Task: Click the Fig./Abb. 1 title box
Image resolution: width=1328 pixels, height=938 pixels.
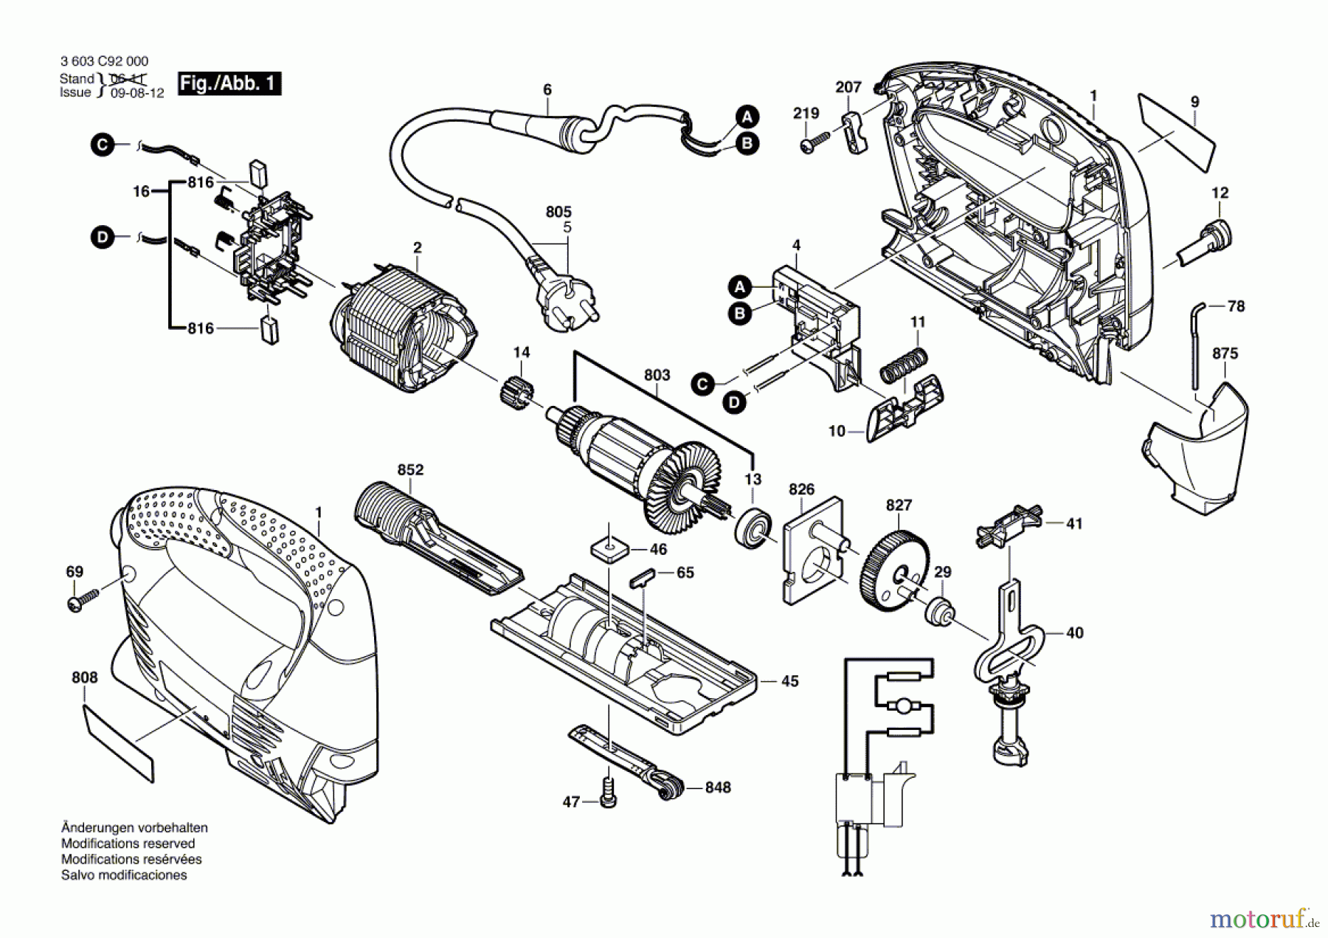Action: click(229, 83)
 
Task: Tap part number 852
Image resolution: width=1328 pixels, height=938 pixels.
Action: click(410, 470)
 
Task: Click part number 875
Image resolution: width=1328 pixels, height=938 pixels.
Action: click(1225, 354)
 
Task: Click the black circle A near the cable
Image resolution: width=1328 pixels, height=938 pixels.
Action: click(747, 116)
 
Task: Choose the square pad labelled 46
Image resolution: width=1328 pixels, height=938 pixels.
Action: click(609, 551)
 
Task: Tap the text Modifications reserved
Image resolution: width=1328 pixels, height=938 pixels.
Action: click(128, 844)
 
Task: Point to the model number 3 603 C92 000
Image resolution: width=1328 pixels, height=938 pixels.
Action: click(104, 62)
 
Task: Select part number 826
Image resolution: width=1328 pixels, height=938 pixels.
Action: click(801, 489)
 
